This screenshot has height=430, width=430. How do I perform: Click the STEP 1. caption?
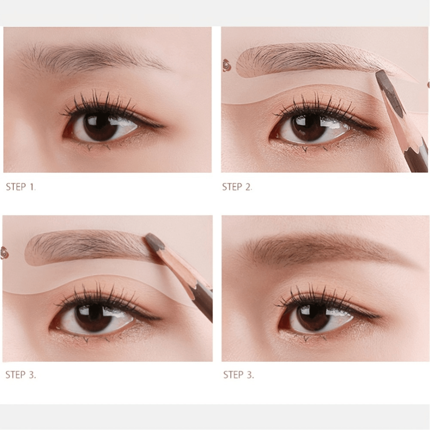coord(21,187)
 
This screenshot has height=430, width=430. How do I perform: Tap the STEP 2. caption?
coord(237,187)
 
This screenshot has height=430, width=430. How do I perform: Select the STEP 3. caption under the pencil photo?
coord(21,375)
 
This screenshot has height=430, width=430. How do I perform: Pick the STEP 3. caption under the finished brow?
coord(238,375)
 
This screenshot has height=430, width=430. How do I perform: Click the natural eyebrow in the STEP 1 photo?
coord(95,58)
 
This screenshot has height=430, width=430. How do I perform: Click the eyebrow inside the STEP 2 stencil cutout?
coord(310,58)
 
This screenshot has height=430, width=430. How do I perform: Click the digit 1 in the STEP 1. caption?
coord(32,187)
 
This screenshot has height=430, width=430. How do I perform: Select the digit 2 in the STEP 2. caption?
coord(249,187)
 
